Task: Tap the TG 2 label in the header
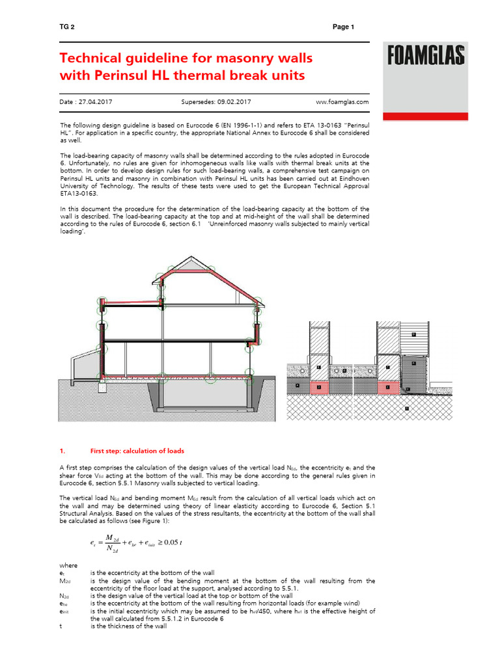(x=66, y=27)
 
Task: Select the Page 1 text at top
(x=343, y=27)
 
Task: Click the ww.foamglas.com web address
(x=342, y=102)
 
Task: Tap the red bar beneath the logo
(x=425, y=116)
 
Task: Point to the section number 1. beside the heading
(x=62, y=451)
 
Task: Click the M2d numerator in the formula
(x=115, y=537)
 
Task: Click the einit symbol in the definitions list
(x=64, y=611)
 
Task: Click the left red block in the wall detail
(x=318, y=388)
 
